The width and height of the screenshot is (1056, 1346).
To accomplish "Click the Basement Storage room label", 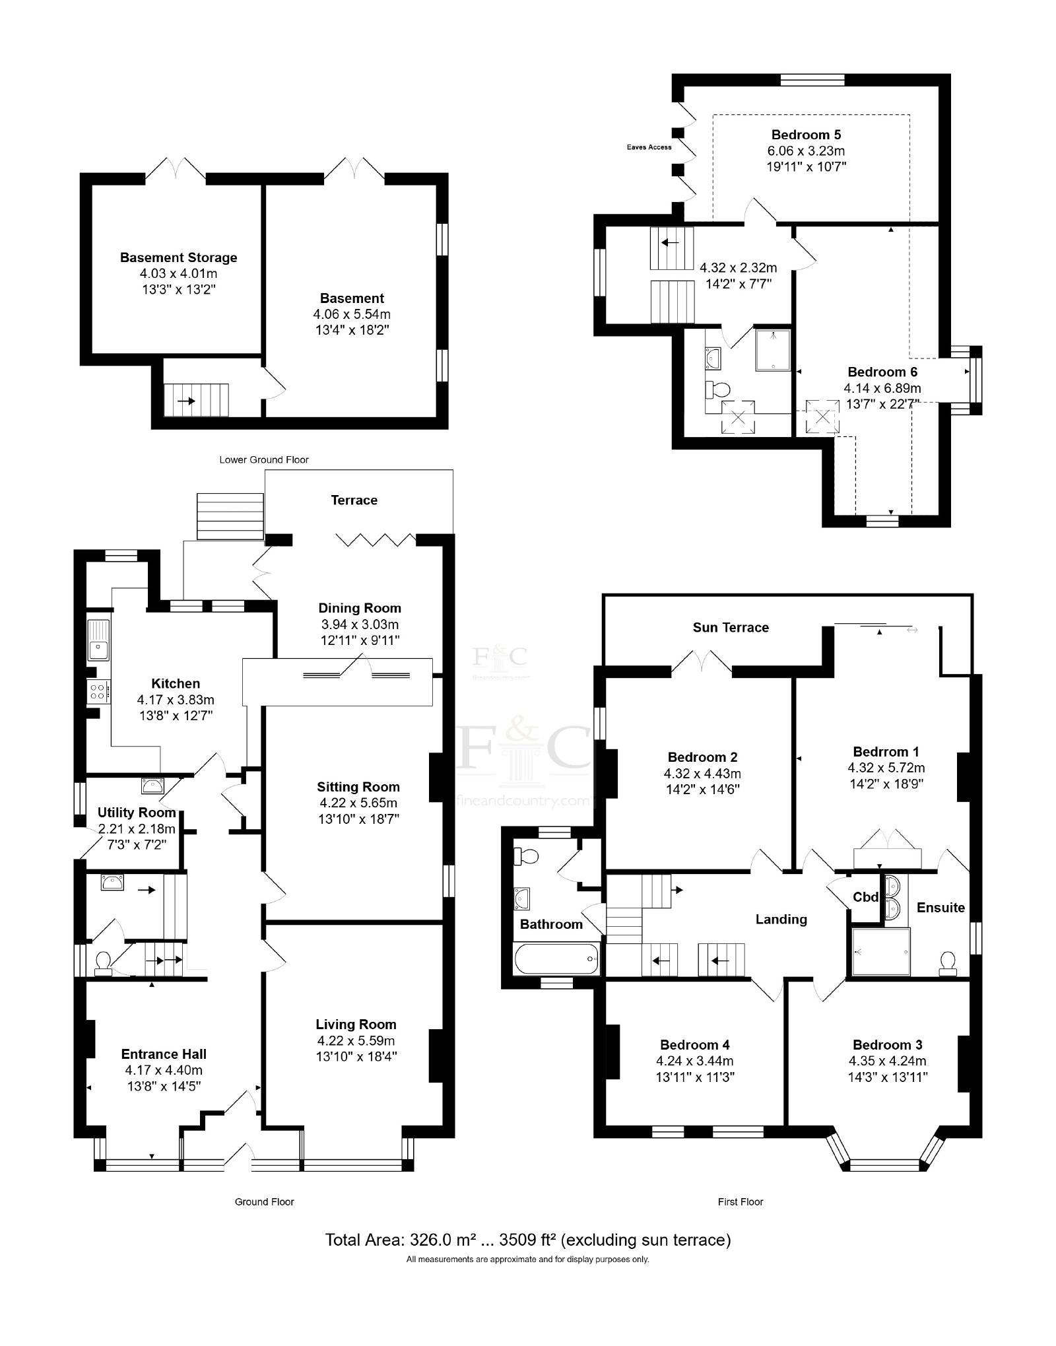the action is [178, 257].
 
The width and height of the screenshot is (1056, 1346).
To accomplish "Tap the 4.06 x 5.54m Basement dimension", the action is [352, 314].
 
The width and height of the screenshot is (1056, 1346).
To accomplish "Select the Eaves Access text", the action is [649, 147].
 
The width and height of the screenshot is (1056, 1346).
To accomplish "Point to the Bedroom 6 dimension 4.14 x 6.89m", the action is [882, 388].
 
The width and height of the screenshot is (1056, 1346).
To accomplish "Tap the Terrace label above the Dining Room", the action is [354, 500].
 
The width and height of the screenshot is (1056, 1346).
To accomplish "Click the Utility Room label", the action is [137, 813].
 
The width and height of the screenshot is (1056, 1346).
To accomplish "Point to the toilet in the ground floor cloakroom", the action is [102, 963].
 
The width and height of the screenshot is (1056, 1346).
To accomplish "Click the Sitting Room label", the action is [358, 787].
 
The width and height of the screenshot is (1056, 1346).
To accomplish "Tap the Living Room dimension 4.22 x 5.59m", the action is [356, 1040].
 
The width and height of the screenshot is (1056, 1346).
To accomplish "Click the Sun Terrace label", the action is [731, 628].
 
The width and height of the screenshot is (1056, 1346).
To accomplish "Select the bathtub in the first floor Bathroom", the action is [557, 959].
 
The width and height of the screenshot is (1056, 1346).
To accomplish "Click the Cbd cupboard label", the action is [866, 897].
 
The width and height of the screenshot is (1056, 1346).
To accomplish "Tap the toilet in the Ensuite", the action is [948, 963].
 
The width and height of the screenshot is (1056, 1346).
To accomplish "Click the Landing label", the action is [781, 920].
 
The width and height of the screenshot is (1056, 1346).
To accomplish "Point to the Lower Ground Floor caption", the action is [264, 459].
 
